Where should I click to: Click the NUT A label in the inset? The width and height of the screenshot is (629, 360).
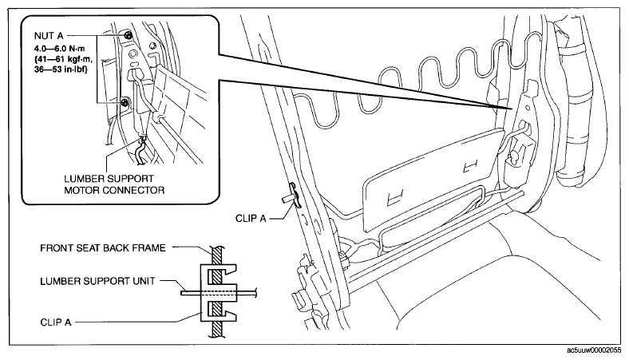point(49,36)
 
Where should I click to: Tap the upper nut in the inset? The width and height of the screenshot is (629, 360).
point(128,35)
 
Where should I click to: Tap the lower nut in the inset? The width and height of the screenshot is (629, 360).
point(125,102)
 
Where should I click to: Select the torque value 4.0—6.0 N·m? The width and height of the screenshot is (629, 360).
point(60,49)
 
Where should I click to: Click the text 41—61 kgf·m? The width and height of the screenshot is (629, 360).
point(63,59)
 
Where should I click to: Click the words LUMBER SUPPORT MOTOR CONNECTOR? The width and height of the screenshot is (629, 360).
point(114,184)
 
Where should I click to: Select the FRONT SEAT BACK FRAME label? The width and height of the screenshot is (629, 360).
point(103,248)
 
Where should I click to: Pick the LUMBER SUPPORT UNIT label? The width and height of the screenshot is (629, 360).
point(97,281)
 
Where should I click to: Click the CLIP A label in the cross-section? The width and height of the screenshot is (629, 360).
point(56,322)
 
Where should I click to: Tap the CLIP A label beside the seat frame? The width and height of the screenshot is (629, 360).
point(251,219)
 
